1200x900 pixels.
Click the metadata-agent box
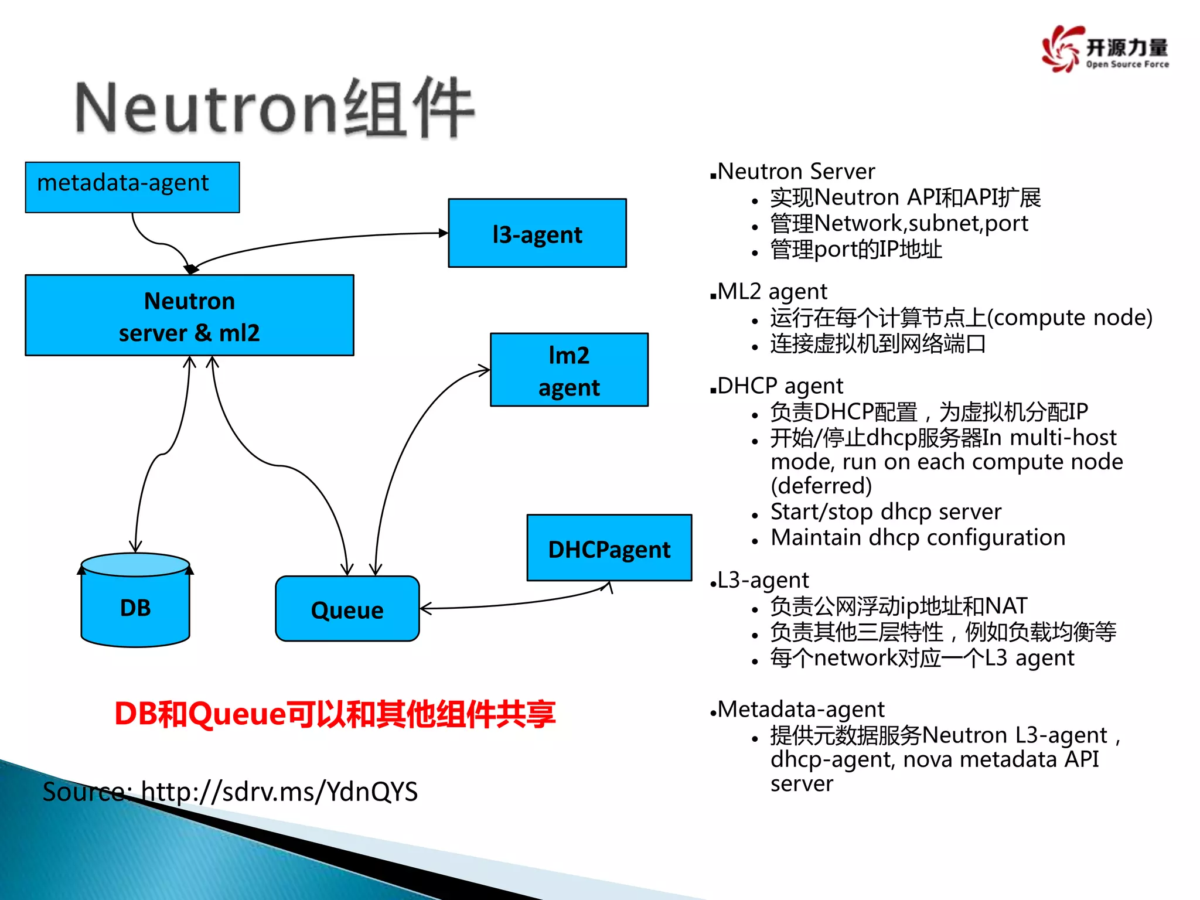click(132, 187)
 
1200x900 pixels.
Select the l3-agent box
click(537, 233)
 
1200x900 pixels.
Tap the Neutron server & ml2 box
click(189, 316)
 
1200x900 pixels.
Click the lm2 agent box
click(569, 370)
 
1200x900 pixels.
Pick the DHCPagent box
click(609, 548)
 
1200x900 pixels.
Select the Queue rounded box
click(347, 609)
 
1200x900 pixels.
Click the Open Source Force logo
click(1105, 49)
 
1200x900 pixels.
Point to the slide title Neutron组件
click(274, 109)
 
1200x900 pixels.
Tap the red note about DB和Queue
click(335, 714)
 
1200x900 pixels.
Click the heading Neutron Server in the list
click(796, 172)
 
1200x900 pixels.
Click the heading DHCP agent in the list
click(780, 386)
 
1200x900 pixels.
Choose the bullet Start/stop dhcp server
click(885, 512)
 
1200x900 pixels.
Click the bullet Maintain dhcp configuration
click(918, 538)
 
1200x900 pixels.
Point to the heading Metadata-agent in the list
click(800, 710)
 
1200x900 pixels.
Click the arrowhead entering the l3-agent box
click(444, 233)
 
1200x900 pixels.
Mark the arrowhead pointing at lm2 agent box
click(484, 370)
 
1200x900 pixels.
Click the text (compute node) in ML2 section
click(1070, 318)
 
